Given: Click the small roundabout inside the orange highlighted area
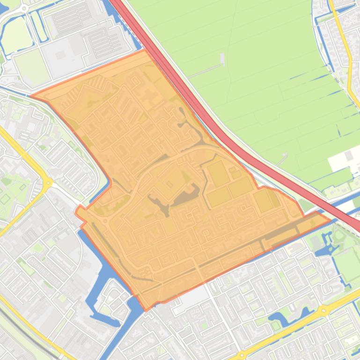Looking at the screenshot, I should (105, 221).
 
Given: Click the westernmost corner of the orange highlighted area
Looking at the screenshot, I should (32, 96).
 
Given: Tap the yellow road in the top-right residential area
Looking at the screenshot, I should (349, 70).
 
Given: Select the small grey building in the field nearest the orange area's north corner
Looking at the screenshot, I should (222, 59).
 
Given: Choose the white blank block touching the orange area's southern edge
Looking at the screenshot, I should (192, 295).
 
